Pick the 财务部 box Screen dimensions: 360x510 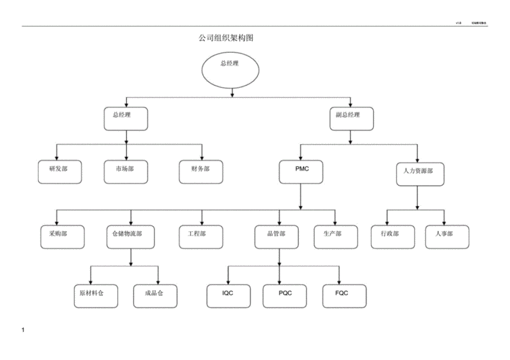click(201, 170)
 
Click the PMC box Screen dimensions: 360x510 click(300, 170)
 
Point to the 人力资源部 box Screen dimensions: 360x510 click(420, 174)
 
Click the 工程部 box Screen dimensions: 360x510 click(200, 235)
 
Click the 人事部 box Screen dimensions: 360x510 click(447, 235)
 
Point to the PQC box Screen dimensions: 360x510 click(284, 294)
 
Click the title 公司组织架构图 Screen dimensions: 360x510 click(225, 38)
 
